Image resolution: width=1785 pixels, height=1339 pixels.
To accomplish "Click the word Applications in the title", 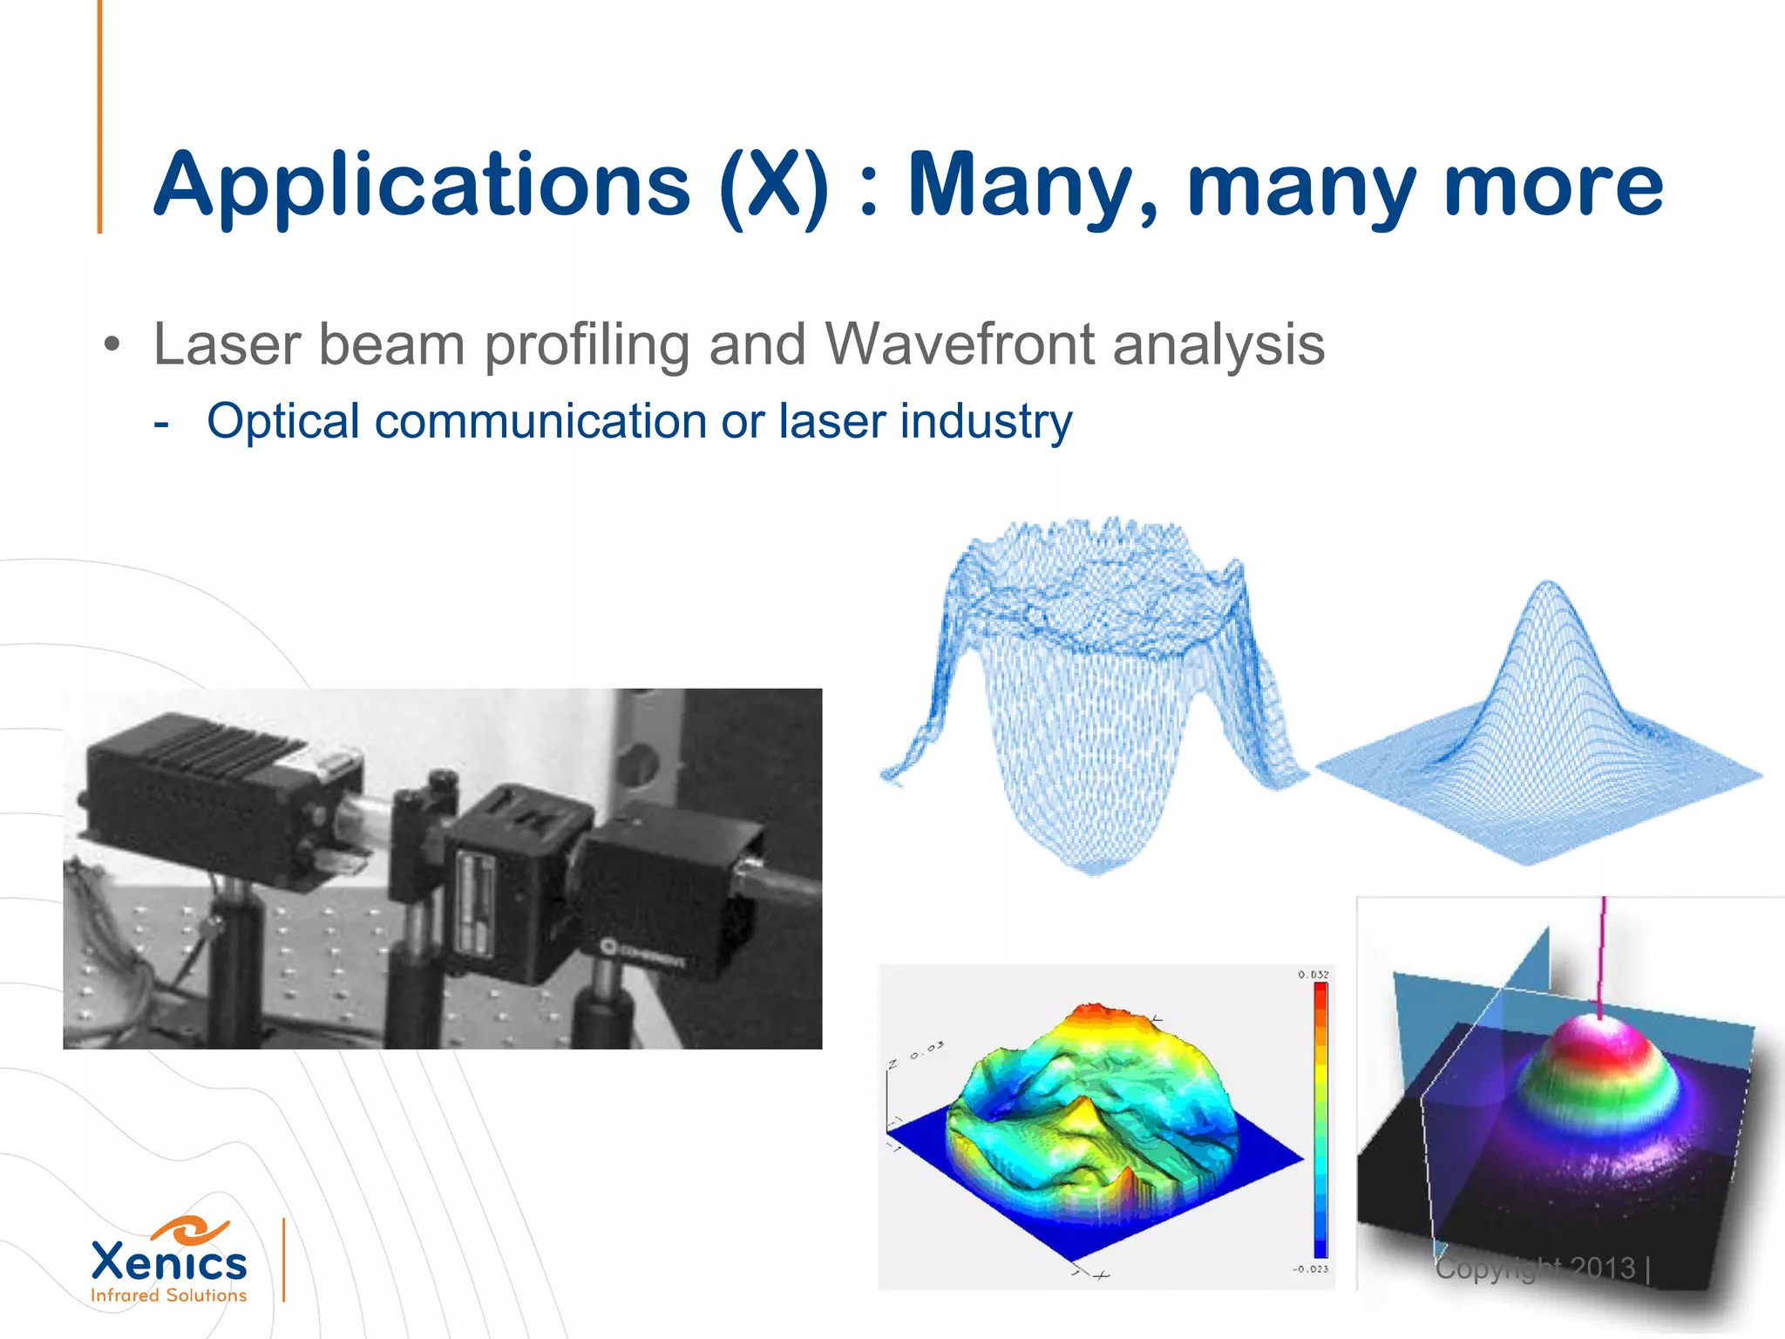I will [x=422, y=185].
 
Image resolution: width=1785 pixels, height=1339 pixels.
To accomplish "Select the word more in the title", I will [x=1552, y=185].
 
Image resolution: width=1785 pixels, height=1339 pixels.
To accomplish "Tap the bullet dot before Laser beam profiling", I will [x=111, y=345].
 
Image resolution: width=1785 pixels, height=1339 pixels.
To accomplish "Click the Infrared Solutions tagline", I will [x=169, y=1295].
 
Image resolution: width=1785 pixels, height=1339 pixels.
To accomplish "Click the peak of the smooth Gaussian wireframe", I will [x=1548, y=584].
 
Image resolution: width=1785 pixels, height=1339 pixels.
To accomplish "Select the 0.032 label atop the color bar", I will [x=1313, y=975].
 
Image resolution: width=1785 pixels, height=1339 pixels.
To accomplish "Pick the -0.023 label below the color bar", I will [x=1310, y=1269].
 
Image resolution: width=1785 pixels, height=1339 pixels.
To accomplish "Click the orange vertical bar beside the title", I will [x=99, y=117].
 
